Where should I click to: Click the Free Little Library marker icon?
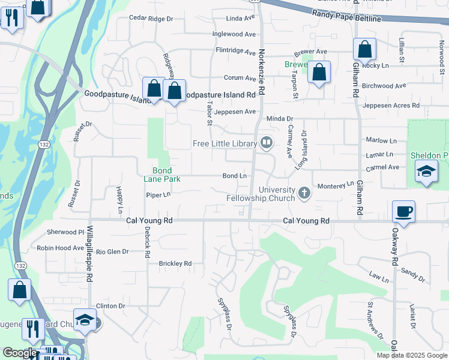point(267,143)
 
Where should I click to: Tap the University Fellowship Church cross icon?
point(304,193)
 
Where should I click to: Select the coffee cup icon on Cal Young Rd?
point(403,211)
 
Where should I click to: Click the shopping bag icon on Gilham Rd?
point(364,48)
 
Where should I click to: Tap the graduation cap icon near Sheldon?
point(426,172)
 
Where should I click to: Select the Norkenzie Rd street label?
point(261,72)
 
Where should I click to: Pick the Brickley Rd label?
point(175,263)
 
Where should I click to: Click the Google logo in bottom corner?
point(19,353)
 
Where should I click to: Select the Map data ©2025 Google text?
point(412,355)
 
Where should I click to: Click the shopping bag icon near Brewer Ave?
point(320,72)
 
